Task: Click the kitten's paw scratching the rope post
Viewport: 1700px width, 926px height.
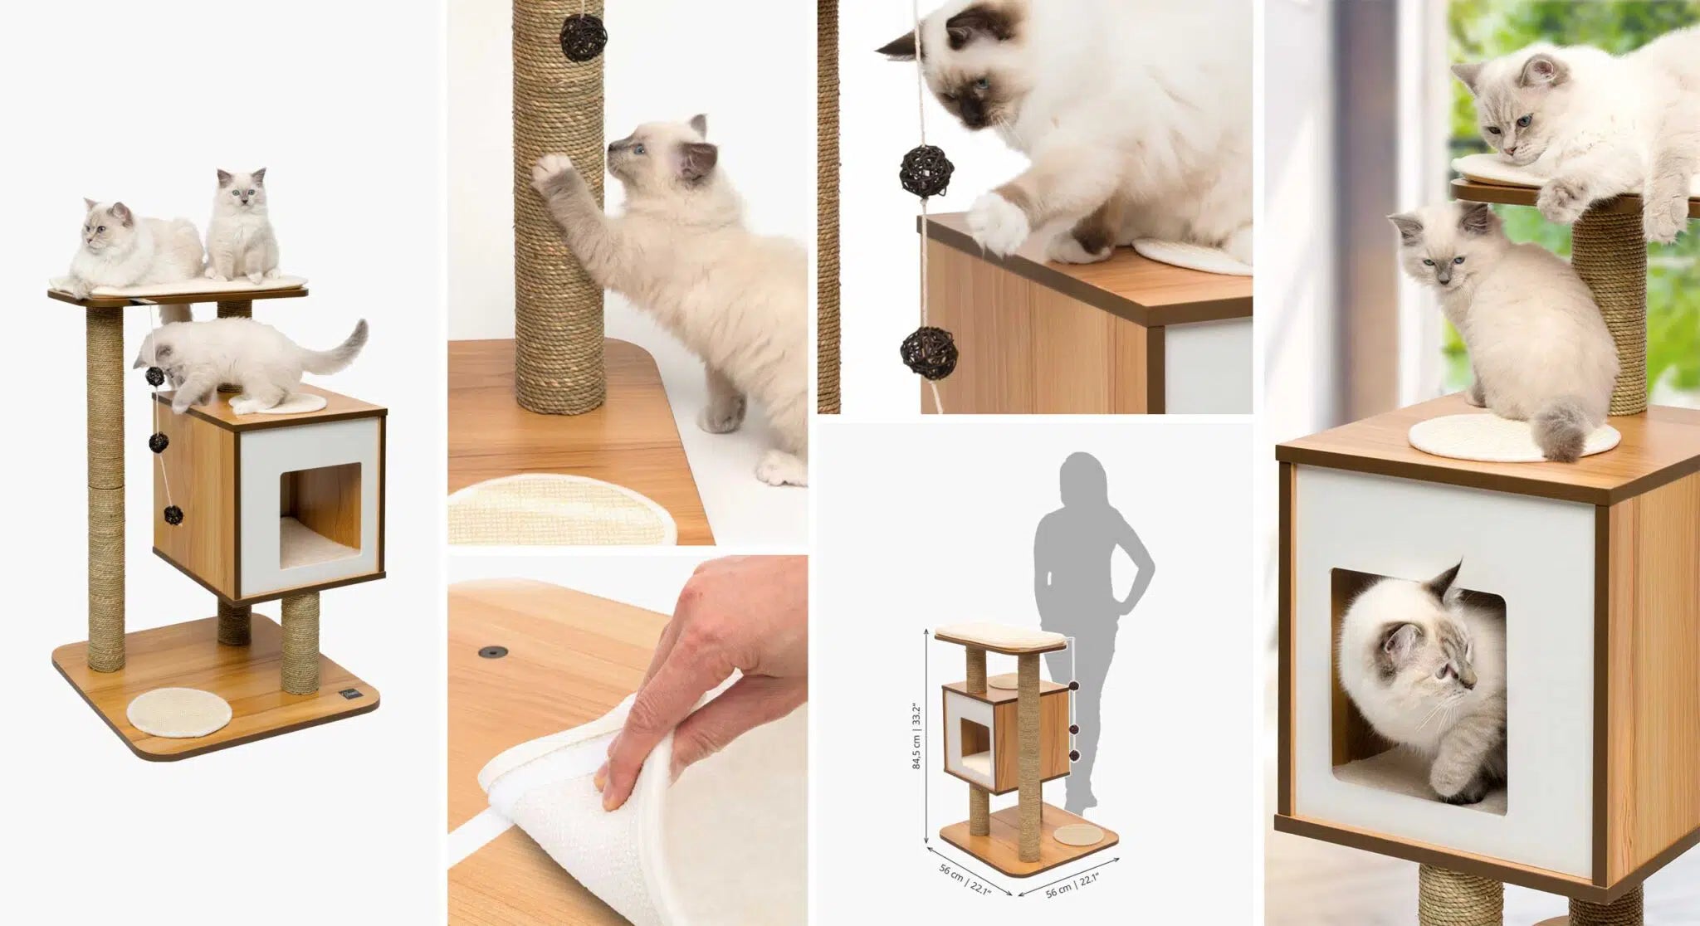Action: [554, 172]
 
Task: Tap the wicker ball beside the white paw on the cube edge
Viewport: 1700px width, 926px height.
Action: [926, 170]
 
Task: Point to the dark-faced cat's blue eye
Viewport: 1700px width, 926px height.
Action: [982, 84]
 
